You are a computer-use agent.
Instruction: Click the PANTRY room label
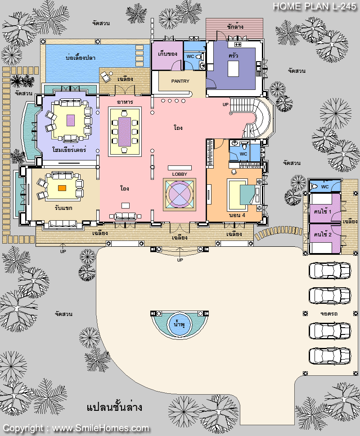(x=180, y=81)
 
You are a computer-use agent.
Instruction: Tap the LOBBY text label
(x=180, y=174)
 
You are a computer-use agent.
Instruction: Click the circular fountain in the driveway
(x=179, y=324)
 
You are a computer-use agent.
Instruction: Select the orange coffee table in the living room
(x=62, y=188)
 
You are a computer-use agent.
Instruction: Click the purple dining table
(x=125, y=132)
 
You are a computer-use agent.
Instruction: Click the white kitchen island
(x=233, y=69)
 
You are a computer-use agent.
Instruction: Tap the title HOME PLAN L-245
(x=315, y=6)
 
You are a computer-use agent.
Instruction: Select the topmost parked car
(x=330, y=270)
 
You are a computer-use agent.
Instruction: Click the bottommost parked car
(x=330, y=356)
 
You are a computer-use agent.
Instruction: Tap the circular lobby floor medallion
(x=180, y=195)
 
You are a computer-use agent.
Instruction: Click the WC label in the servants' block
(x=324, y=187)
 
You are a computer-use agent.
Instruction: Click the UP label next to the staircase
(x=225, y=105)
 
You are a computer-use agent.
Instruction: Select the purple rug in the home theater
(x=71, y=120)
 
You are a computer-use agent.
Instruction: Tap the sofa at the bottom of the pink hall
(x=125, y=216)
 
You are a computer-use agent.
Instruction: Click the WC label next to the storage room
(x=190, y=57)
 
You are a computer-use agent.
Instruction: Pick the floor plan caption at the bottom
(x=114, y=407)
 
